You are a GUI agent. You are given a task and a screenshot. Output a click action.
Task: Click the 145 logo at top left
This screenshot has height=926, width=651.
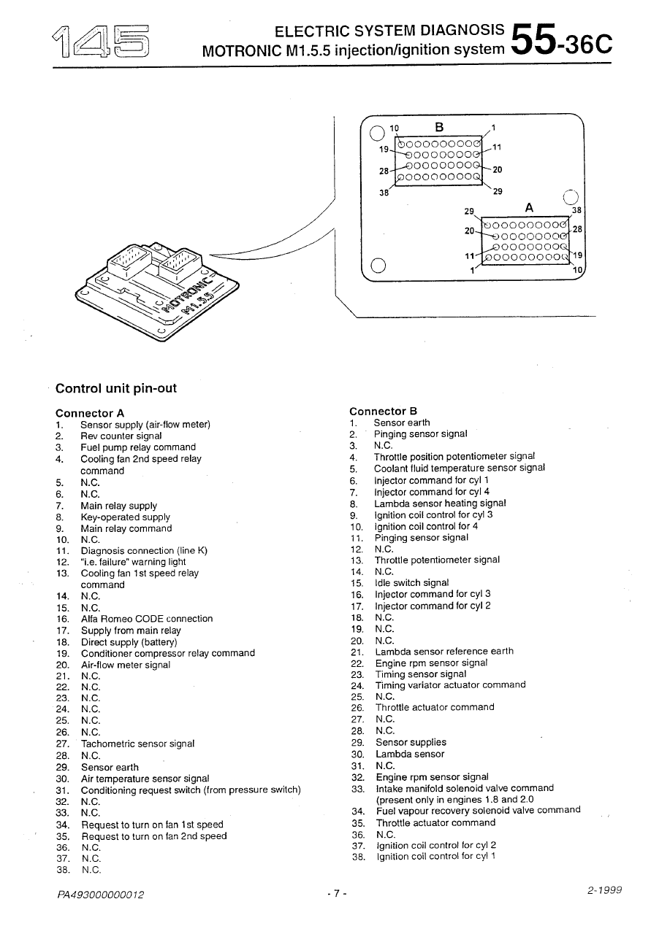pos(102,41)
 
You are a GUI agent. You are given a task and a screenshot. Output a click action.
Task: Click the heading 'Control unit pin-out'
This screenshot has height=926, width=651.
pos(116,388)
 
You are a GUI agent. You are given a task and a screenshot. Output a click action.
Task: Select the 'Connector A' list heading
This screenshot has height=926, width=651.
pos(90,413)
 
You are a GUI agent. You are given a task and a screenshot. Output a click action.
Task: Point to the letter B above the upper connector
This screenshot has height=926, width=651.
pos(439,127)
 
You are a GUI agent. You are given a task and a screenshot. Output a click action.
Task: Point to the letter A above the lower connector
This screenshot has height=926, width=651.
pos(529,207)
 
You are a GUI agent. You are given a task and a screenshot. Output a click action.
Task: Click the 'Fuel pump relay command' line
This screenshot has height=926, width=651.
pos(138,447)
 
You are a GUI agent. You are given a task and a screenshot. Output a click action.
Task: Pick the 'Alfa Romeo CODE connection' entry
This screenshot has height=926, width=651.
pos(146,619)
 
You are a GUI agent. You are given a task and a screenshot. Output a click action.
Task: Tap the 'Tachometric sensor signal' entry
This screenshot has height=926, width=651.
pos(137,744)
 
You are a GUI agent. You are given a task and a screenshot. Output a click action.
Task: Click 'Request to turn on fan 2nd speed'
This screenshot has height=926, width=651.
pos(153,836)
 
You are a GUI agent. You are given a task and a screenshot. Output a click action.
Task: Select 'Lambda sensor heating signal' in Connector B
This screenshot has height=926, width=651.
pos(441,503)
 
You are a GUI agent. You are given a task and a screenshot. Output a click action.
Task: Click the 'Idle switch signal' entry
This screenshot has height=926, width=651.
pos(411,583)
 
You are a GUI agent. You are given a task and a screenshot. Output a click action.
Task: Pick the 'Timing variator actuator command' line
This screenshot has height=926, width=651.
pos(450,685)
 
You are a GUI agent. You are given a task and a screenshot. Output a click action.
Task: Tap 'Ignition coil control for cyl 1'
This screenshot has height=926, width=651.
pos(435,857)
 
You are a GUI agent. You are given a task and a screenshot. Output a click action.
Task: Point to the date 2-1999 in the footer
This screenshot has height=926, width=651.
pos(604,890)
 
